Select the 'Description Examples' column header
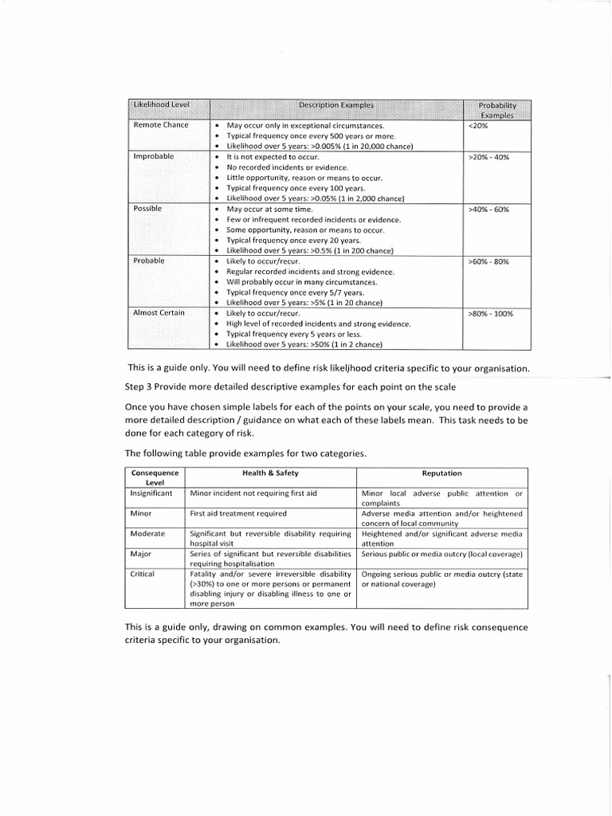click(x=335, y=104)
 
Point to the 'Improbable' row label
click(x=153, y=156)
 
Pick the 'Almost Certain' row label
click(x=159, y=312)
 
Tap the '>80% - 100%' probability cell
click(x=491, y=313)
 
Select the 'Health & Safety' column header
click(x=269, y=473)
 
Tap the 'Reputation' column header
click(x=441, y=473)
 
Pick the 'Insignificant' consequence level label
click(x=151, y=493)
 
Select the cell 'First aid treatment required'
click(x=238, y=513)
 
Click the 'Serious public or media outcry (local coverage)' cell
click(x=441, y=553)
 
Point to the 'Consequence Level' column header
click(x=155, y=477)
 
